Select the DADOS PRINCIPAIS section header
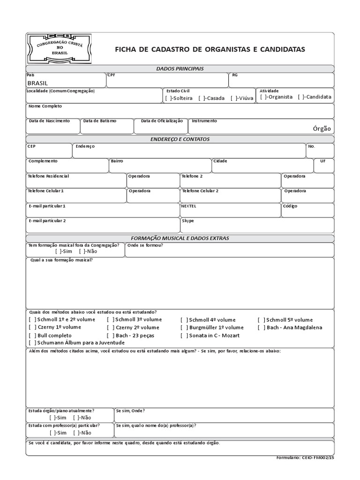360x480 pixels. [180, 69]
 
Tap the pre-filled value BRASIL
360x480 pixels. [37, 82]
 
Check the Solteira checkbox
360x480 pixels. [167, 98]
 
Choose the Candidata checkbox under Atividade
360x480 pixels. [300, 97]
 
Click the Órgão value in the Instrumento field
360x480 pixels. [322, 128]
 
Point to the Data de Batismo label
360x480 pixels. [100, 121]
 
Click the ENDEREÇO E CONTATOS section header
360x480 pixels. [180, 139]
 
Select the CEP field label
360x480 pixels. [31, 146]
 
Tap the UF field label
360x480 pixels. [322, 161]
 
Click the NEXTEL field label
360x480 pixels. [189, 206]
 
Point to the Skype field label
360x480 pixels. [188, 221]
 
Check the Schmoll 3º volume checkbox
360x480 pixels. [110, 320]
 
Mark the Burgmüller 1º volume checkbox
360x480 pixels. [184, 328]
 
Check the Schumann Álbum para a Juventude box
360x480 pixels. [31, 343]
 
